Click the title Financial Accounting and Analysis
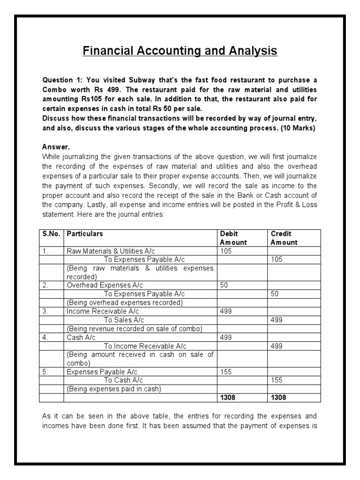coord(180,51)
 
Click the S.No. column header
coord(51,234)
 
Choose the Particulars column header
coord(85,234)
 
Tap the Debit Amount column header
coord(233,238)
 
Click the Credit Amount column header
coord(284,238)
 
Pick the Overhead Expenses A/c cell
coord(105,285)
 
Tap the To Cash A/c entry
coord(123,380)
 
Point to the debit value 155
coord(226,371)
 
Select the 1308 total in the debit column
coord(228,397)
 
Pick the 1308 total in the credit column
coord(279,397)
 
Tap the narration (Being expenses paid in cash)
coord(114,389)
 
